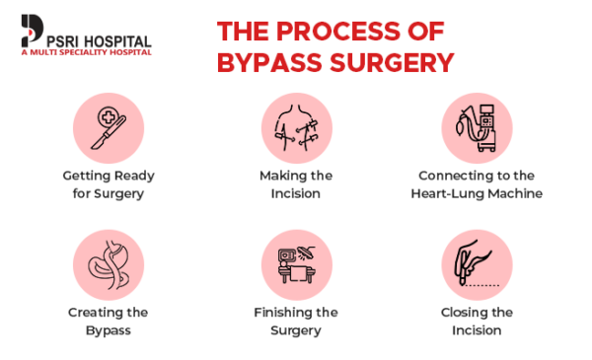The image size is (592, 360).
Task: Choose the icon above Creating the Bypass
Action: pos(109,265)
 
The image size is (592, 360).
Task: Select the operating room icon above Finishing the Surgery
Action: pos(296,265)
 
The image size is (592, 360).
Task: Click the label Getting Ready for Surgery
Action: pos(109,184)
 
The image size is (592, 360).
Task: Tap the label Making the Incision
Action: pos(296,184)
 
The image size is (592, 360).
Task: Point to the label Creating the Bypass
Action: pos(109,321)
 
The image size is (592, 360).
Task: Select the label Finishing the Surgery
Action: pos(296,321)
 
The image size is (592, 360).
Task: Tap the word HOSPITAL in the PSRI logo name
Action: pos(115,39)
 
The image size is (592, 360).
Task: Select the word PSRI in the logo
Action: pos(61,39)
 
